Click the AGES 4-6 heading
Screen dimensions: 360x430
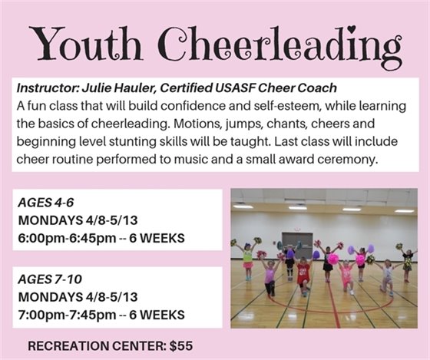tap(48, 203)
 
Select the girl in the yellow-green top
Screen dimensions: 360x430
tap(248, 260)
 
